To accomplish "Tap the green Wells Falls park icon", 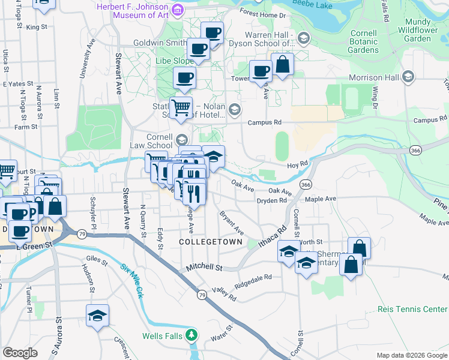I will click(x=191, y=335).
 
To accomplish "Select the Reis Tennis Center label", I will click(x=412, y=309).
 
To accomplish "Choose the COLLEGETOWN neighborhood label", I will click(x=211, y=242).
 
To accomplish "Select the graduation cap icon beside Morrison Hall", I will click(x=408, y=77).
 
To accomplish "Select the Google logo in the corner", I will click(x=20, y=353).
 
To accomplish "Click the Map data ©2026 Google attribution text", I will click(x=411, y=355).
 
